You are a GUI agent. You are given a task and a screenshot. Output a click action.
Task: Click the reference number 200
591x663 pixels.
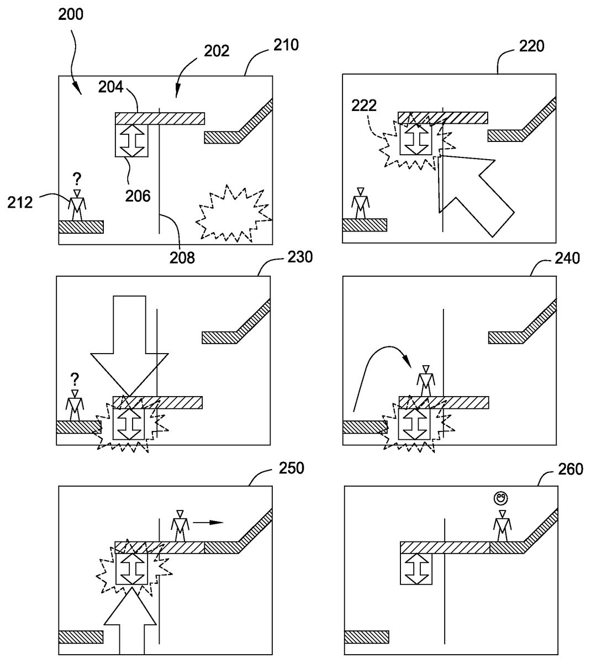tap(71, 14)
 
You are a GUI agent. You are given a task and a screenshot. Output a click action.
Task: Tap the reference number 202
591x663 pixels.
tap(217, 51)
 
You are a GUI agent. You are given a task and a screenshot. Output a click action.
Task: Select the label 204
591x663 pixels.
tap(110, 87)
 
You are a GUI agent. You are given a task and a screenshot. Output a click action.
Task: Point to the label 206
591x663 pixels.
tap(138, 196)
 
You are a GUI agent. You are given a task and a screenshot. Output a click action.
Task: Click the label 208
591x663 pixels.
tap(182, 258)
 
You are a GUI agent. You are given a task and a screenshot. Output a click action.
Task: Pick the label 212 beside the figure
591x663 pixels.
tap(20, 203)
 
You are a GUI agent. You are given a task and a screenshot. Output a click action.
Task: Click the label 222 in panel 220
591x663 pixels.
tap(364, 106)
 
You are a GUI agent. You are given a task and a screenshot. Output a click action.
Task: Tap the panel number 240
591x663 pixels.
tap(567, 259)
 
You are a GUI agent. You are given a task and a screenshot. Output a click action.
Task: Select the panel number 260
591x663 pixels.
tap(571, 469)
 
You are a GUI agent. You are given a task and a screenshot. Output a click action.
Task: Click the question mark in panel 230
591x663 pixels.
tap(75, 380)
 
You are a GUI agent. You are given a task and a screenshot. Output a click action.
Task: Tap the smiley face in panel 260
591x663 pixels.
tap(500, 498)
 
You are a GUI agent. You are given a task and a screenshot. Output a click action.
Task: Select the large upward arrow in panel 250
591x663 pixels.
tap(130, 625)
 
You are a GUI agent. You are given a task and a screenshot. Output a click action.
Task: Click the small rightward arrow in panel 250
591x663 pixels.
tap(208, 522)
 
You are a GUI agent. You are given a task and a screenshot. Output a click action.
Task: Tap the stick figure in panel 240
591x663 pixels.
tap(426, 381)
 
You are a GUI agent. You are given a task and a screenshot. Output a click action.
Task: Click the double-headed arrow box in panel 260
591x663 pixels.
tap(416, 569)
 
